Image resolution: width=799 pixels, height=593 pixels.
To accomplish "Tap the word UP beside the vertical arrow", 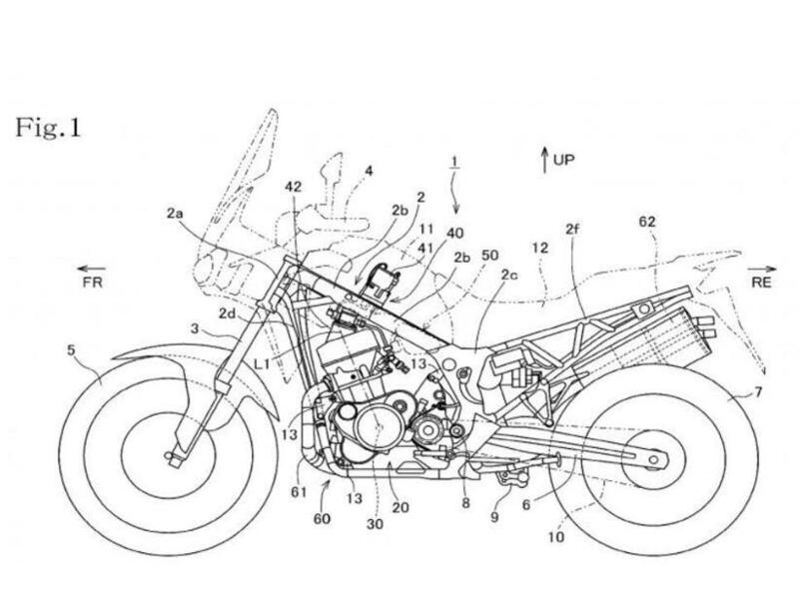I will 564,159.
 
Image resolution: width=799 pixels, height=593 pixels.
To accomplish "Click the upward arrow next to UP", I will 544,157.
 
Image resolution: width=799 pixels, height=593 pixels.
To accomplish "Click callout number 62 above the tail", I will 647,222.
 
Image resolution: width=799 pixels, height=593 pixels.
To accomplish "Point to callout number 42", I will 293,186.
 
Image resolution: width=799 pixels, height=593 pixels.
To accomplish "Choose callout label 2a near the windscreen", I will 175,212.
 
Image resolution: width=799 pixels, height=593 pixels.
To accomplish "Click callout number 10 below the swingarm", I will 553,536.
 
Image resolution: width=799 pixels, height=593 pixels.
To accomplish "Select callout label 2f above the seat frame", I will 571,229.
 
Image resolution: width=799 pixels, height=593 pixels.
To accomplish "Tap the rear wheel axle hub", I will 653,458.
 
